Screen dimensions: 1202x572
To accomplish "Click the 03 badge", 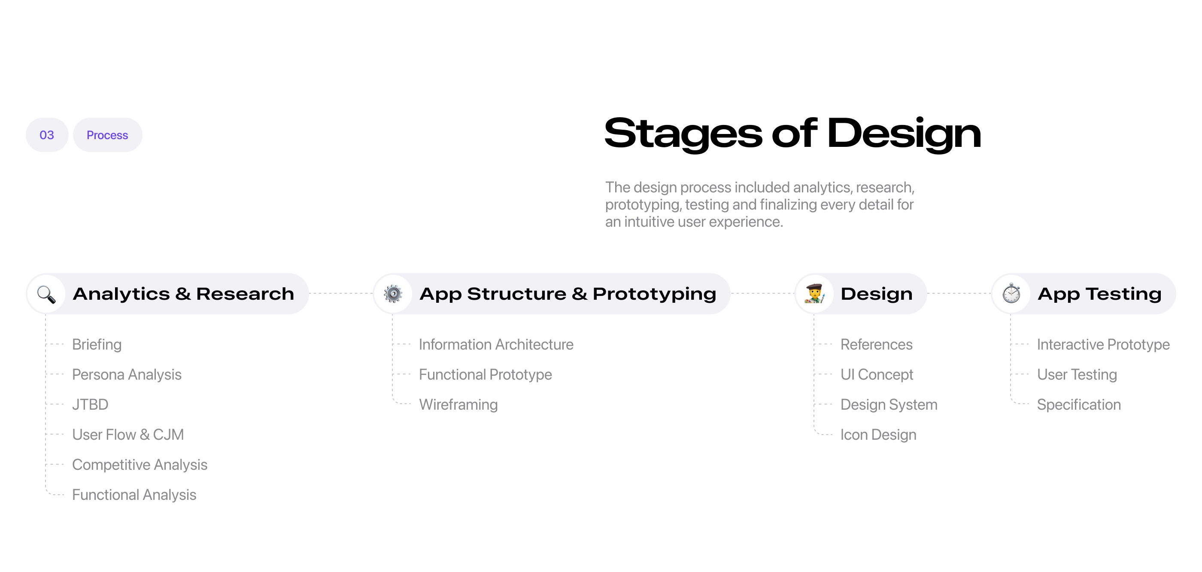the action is click(47, 135).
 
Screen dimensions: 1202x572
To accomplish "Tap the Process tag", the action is click(107, 135).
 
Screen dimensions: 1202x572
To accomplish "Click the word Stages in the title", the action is click(683, 134).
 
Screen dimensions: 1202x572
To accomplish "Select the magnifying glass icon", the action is click(46, 294).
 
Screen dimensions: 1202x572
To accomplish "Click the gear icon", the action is click(393, 294).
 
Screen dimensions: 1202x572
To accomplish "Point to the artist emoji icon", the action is click(815, 294).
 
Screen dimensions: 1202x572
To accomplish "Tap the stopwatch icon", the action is click(1011, 293).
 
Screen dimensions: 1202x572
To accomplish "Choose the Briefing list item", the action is click(97, 344).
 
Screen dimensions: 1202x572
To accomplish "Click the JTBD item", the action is click(90, 405).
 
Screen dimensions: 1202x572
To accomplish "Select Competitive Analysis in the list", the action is click(140, 465).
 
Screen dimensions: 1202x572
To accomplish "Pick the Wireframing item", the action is click(458, 405).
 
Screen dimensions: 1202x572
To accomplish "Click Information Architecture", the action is click(496, 344).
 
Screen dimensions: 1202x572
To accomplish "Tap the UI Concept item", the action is click(877, 374).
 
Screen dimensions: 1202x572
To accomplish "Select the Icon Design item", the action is click(878, 435).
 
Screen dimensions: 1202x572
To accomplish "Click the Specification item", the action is click(1079, 405).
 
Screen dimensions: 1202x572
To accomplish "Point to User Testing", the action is click(1077, 374).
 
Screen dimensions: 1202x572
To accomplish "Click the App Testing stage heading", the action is click(1099, 294).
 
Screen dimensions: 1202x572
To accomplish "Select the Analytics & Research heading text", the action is click(183, 294).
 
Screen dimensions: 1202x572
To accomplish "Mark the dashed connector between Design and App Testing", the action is click(959, 294).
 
